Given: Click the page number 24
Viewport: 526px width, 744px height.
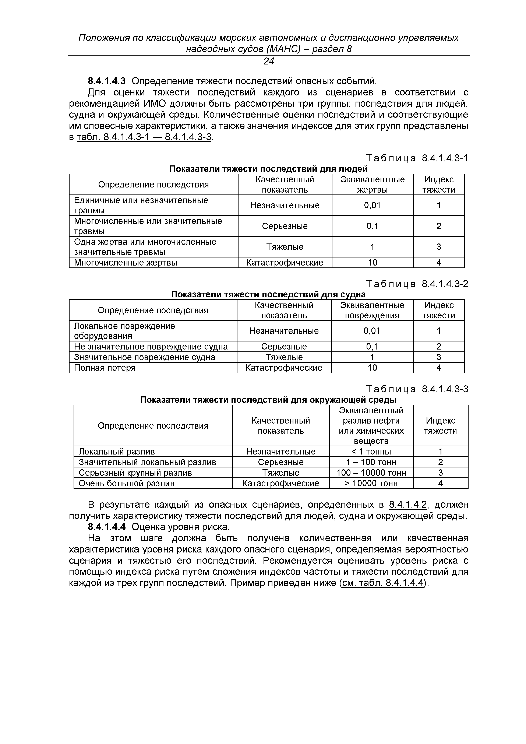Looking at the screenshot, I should pos(268,61).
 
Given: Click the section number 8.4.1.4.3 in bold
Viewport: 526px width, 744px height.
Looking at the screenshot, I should pos(107,81).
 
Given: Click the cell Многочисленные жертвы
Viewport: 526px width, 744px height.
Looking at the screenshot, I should pos(126,263).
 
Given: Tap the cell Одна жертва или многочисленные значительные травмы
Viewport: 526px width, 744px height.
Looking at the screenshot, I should pos(145,247).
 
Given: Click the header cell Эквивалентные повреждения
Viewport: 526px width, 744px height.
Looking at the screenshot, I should pos(372,310).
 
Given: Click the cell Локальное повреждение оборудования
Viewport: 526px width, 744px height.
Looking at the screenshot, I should pos(124,331).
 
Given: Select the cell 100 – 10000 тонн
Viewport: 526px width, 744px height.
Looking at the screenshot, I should pos(371,473).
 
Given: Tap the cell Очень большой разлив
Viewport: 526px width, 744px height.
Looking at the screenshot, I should pos(127,484).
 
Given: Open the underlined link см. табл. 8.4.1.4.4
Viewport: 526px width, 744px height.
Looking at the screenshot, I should pos(383,583).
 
